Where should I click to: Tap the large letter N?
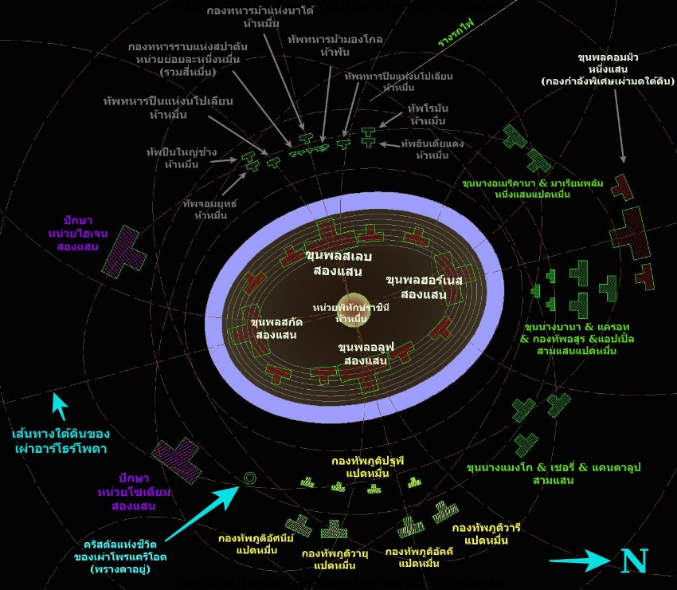[634, 560]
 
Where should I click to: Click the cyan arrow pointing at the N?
[579, 562]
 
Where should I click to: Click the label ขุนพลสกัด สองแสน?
[272, 328]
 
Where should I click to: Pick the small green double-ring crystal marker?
[250, 478]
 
